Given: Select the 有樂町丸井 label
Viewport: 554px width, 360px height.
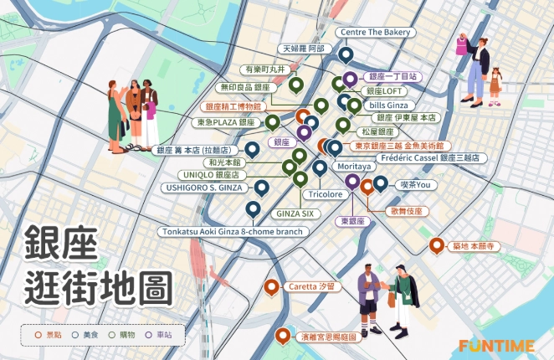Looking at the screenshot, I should tap(264, 69).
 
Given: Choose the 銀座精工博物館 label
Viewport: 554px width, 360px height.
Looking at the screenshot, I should tap(234, 106).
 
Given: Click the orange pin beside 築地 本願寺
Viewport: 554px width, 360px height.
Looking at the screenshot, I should tap(435, 245).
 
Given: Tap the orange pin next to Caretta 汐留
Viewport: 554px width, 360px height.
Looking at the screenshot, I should tap(271, 287).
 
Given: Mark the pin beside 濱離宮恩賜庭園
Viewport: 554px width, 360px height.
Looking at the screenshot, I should tap(283, 337).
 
